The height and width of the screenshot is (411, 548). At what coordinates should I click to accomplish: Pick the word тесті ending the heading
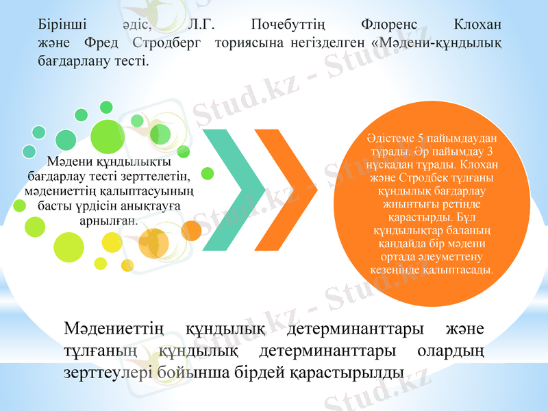(134, 60)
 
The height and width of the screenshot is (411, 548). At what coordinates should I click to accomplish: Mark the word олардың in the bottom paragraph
(451, 351)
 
